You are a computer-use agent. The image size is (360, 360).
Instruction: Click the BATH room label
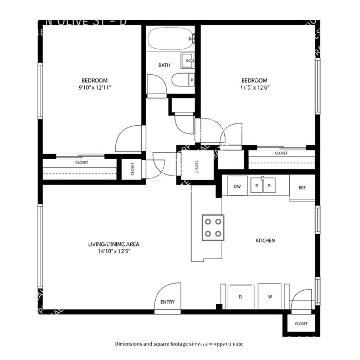pos(164,65)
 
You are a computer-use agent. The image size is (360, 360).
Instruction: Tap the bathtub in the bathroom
pos(169,39)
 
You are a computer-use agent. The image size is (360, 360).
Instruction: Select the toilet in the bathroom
pos(182,81)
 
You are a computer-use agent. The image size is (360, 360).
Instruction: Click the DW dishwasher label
pos(237,186)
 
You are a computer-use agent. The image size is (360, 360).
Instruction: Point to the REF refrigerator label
pos(302,188)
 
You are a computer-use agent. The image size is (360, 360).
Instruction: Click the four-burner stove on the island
pos(213,227)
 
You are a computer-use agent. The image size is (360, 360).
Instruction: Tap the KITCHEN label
pos(265,240)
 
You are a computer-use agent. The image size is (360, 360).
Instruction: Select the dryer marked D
pos(240,297)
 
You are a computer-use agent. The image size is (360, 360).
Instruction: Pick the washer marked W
pos(270,297)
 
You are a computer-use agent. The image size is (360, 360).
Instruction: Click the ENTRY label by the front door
pos(167,302)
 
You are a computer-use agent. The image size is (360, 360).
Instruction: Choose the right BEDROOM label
pos(254,80)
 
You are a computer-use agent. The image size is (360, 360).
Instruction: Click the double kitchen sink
pos(263,185)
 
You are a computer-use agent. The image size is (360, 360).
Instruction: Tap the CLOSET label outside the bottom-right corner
pos(301,323)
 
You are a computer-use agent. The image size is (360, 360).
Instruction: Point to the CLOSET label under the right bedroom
pos(281,153)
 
